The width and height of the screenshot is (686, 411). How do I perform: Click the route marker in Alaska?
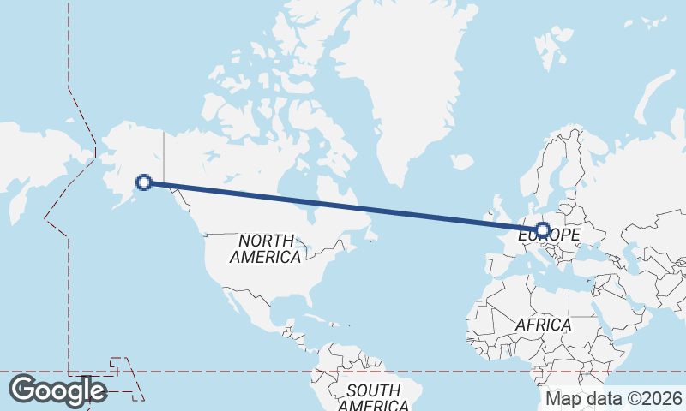coord(144,182)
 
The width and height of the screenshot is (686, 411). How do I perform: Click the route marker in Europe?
coord(542,229)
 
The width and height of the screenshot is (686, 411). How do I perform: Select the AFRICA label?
coord(543,325)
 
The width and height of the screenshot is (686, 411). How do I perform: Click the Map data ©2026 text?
coord(614,398)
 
